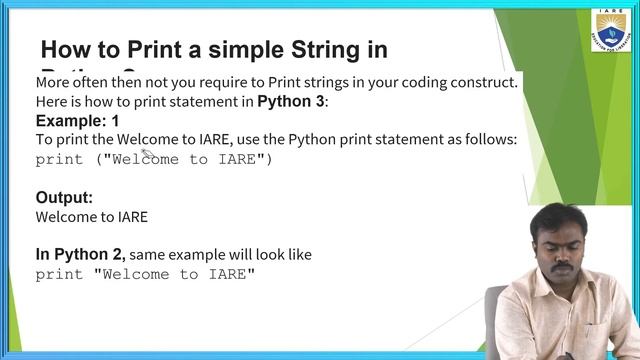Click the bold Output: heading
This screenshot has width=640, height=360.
coord(64,197)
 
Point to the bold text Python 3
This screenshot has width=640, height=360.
coord(291,102)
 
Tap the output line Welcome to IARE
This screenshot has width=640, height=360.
coord(91,216)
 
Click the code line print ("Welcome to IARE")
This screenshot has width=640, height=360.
coord(153,160)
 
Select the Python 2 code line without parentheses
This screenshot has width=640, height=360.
coord(145,274)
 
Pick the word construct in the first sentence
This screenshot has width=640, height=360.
coord(485,82)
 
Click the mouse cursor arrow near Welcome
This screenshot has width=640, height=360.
coord(145,153)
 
